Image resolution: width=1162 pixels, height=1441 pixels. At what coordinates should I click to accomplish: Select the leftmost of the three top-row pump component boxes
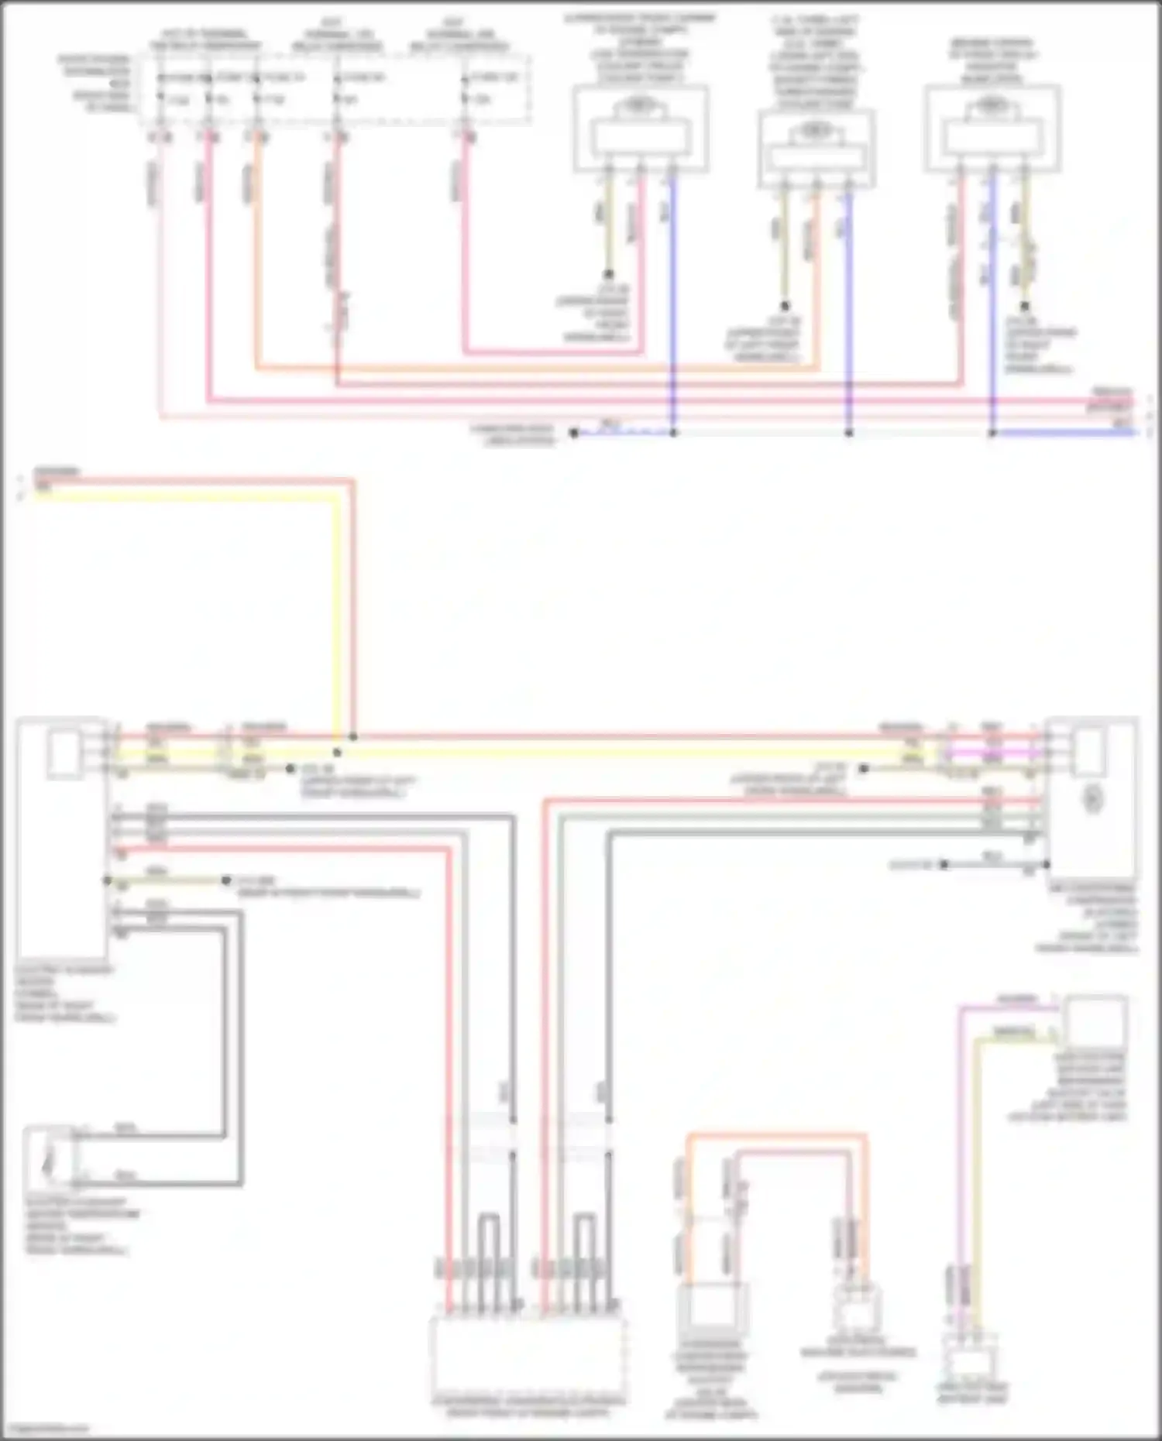[x=640, y=128]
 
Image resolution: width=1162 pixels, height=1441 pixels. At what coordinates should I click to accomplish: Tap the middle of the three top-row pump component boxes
[x=816, y=149]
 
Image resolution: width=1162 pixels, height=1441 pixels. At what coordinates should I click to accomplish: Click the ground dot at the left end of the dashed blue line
[x=574, y=433]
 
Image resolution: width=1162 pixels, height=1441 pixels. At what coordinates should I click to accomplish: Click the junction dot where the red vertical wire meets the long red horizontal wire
[x=353, y=736]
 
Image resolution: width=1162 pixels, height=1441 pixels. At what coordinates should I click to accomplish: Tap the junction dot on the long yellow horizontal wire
[x=337, y=752]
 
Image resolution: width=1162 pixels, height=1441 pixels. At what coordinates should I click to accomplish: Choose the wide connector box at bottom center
[x=528, y=1354]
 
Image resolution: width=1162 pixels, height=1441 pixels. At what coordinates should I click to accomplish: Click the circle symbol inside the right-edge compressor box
[x=1092, y=799]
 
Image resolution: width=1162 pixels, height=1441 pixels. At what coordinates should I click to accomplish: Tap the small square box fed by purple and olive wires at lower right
[x=1095, y=1021]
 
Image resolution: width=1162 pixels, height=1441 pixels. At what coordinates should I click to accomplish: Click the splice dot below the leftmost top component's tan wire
[x=609, y=274]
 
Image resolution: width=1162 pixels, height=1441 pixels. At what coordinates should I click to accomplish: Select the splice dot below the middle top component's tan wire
[x=785, y=306]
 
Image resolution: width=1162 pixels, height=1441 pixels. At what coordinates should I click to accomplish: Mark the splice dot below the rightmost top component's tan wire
[x=1025, y=306]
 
